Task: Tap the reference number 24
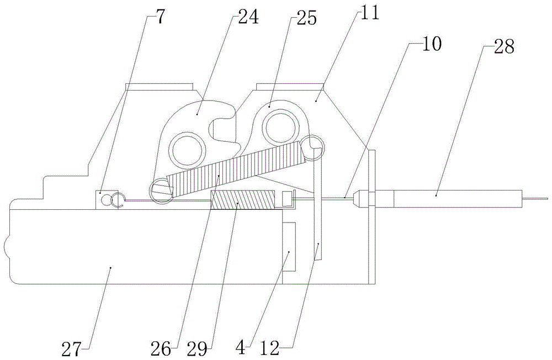coord(248,17)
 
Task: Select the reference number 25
coord(306,18)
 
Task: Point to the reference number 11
coord(368,13)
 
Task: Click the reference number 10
coord(431,44)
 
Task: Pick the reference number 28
coord(504,46)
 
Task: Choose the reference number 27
coord(72,349)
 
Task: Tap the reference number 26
coord(161,349)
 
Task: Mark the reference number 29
coord(198,349)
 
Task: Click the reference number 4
coord(241,349)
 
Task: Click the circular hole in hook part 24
coord(187,150)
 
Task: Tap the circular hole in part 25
coord(280,127)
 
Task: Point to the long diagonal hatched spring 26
coord(235,168)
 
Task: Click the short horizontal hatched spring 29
coord(242,200)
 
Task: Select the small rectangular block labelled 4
coord(289,246)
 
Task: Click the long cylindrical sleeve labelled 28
coord(458,199)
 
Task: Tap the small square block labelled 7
coord(103,199)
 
